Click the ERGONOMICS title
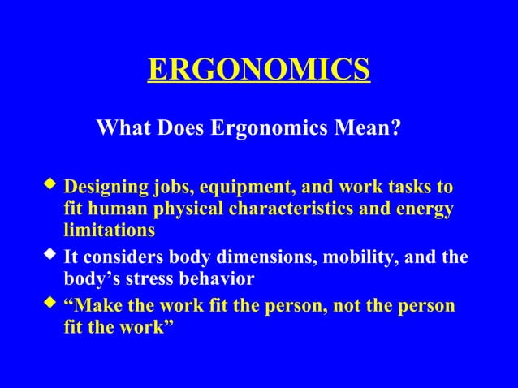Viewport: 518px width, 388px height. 259,70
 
